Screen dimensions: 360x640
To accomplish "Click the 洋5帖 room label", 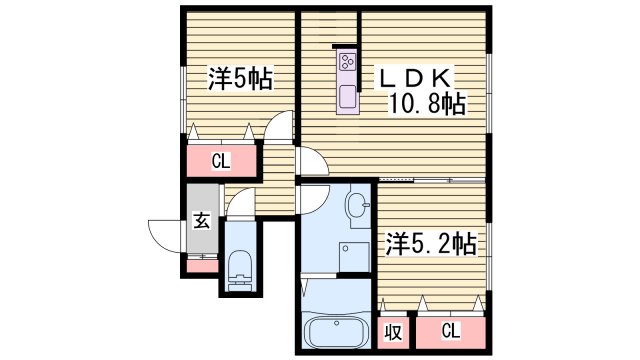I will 241,78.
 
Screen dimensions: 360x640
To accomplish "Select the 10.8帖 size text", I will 431,103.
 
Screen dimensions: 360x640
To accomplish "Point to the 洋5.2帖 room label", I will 431,242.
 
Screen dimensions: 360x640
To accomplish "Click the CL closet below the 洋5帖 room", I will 222,159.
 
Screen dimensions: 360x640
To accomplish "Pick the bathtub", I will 337,332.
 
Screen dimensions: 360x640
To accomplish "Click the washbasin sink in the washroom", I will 357,207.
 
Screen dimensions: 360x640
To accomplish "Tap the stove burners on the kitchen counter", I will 347,63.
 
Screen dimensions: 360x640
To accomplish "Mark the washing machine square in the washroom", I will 354,257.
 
